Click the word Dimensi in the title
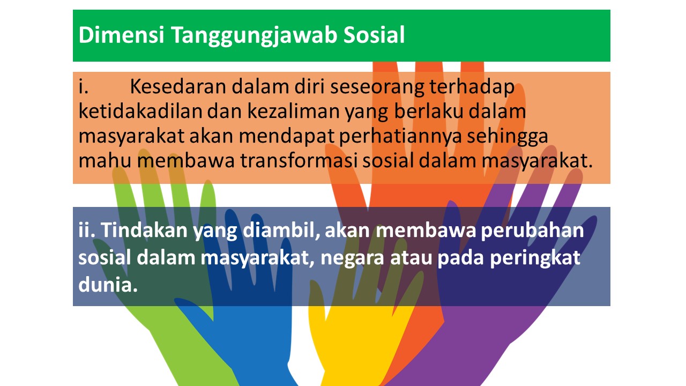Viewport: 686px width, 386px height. coord(122,35)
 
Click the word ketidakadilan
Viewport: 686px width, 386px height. coord(140,111)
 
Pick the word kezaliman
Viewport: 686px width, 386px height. coord(293,111)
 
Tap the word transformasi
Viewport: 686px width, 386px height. coord(299,160)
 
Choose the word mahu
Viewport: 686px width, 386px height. coord(105,160)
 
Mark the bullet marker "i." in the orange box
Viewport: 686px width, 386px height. coord(83,86)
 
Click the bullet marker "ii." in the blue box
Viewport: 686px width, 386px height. coord(87,230)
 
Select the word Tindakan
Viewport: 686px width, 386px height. coord(144,230)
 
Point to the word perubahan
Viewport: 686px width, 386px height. coord(533,231)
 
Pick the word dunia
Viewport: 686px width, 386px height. coord(108,284)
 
